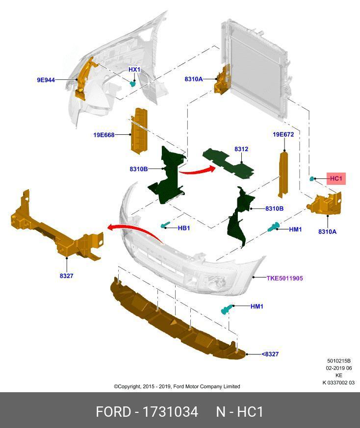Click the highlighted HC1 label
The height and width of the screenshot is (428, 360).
tap(336, 179)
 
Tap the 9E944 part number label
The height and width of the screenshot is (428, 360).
tap(46, 79)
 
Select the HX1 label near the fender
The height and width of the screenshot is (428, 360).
tap(134, 70)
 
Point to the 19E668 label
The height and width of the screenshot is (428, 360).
tap(104, 135)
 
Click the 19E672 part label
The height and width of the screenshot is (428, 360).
tap(283, 134)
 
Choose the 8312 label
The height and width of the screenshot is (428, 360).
tap(241, 149)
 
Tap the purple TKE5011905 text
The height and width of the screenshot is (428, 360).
tap(284, 278)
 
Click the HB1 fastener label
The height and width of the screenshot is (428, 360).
tap(184, 228)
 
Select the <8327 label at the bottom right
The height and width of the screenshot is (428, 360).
tap(270, 354)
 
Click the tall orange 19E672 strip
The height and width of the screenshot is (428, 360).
tap(283, 174)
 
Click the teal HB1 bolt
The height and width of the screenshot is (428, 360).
tap(165, 226)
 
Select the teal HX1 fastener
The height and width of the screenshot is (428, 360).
tap(132, 84)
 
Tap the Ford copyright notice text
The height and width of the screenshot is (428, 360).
tap(177, 386)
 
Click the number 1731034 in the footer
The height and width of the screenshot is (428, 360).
tap(170, 411)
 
